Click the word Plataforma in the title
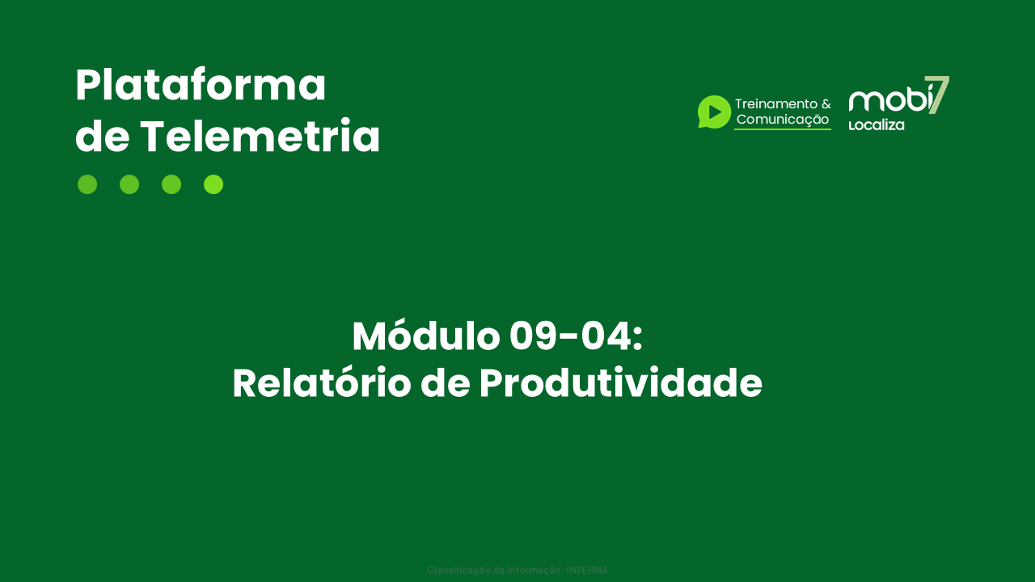[201, 86]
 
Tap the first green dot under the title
[87, 184]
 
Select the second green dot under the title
[129, 184]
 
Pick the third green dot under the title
[171, 184]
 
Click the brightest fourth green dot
[213, 184]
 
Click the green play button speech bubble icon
[714, 112]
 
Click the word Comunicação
[783, 120]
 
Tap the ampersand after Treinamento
[826, 104]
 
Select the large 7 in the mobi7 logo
[938, 94]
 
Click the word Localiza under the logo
[876, 125]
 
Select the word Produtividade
[620, 383]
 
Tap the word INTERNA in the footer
[587, 570]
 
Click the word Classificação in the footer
[454, 570]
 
